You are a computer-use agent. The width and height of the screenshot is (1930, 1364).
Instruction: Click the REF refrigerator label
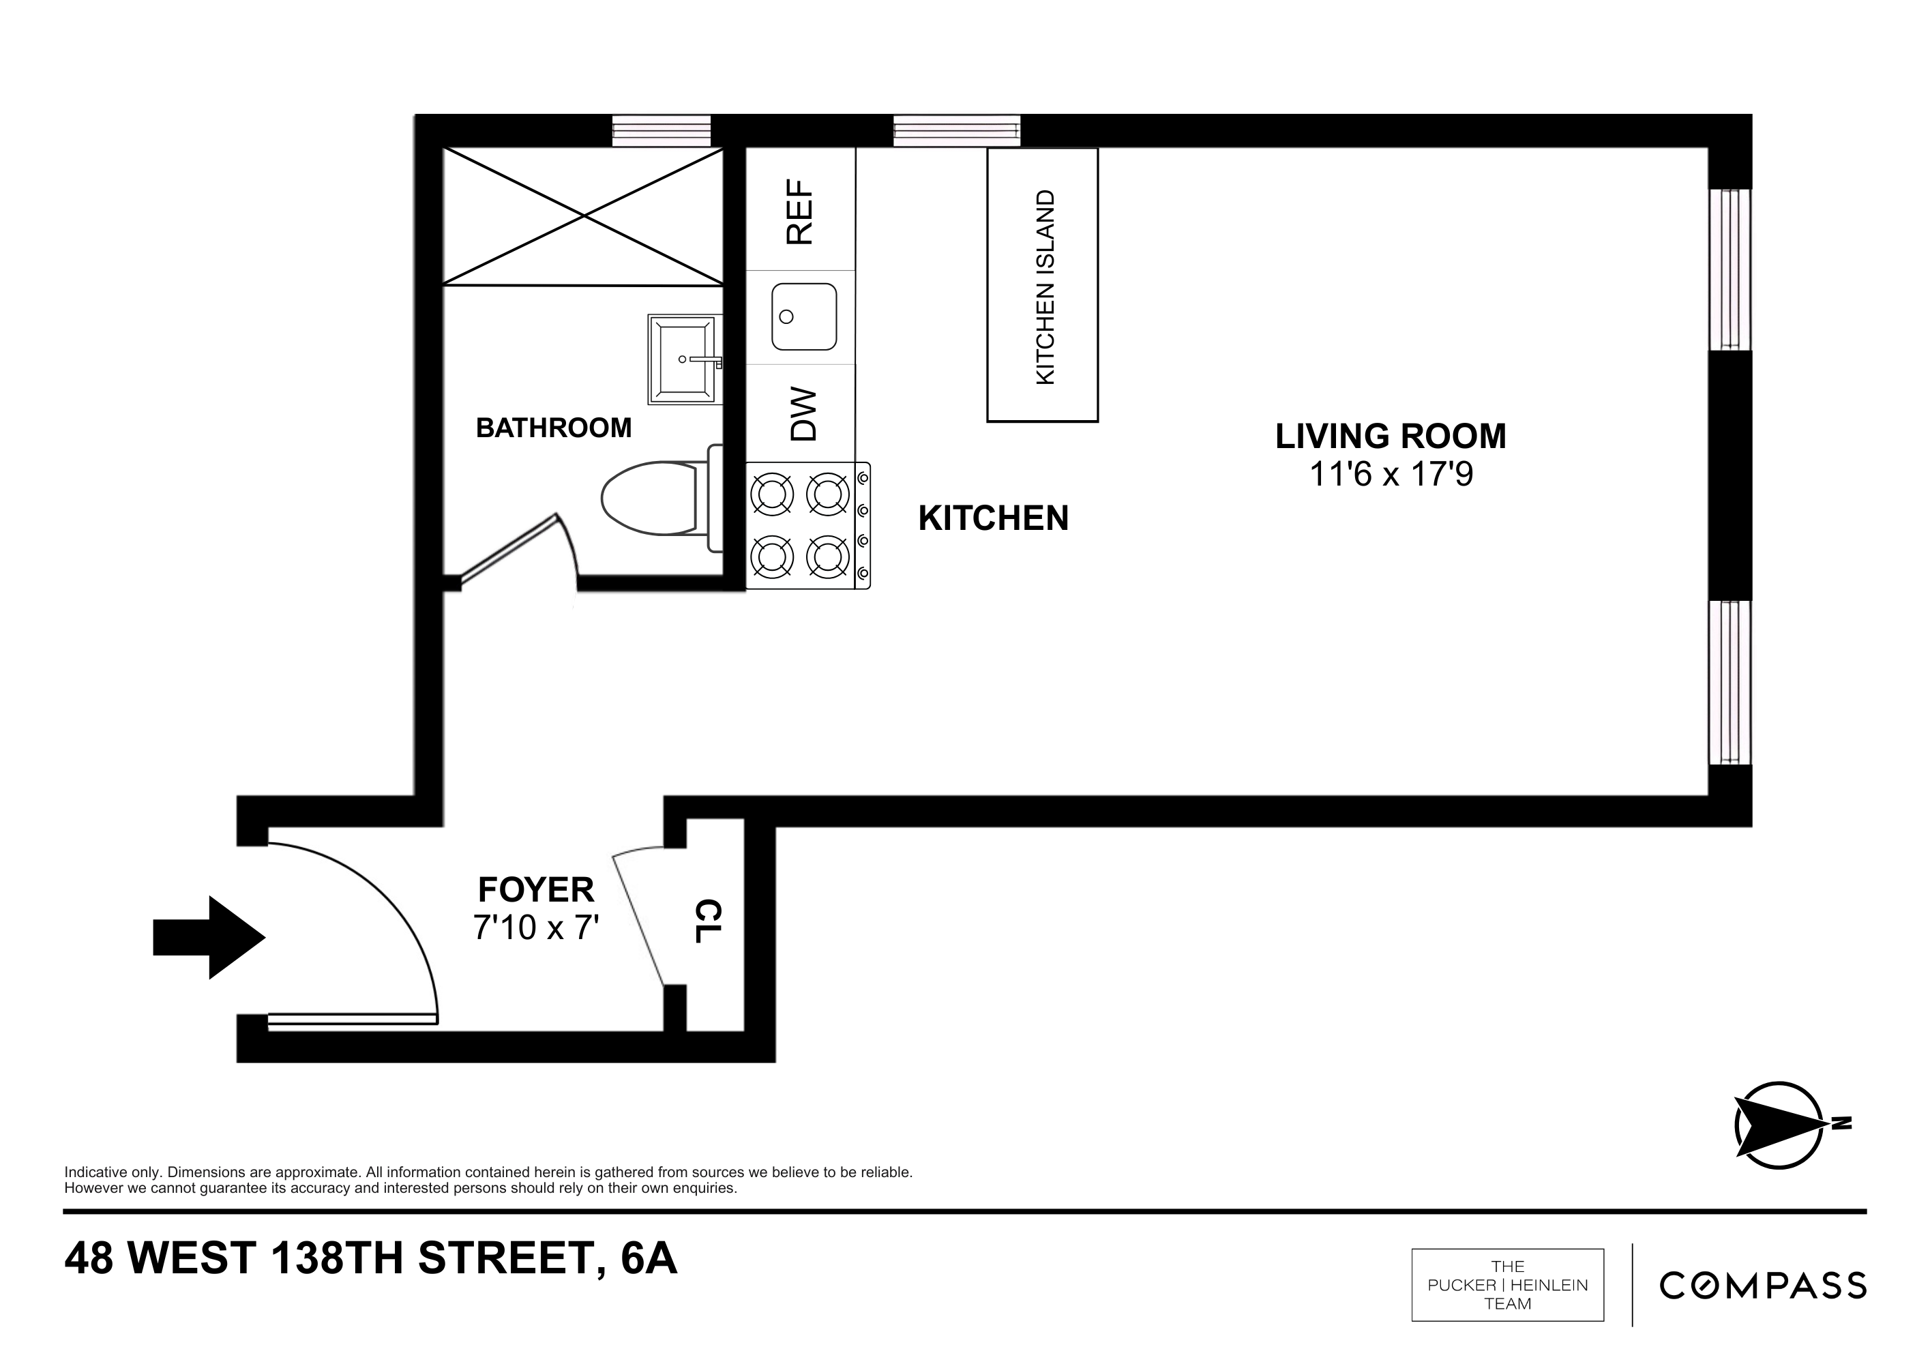tap(799, 212)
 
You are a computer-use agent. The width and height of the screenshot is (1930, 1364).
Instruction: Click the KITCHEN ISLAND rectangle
tap(1041, 285)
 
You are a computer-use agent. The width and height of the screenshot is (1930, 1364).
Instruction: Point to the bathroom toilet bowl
tap(648, 499)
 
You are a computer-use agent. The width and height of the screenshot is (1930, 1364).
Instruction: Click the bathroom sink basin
tap(683, 359)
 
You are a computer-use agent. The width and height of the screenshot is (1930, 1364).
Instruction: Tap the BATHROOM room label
tap(553, 428)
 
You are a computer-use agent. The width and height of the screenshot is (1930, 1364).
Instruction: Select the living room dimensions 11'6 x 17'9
tap(1391, 475)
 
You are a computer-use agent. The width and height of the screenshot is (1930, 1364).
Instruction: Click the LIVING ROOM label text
tap(1391, 436)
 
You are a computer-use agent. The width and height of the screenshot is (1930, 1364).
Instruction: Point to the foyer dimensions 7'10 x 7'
tap(535, 927)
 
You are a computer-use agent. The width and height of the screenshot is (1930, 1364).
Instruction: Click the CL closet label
tap(709, 922)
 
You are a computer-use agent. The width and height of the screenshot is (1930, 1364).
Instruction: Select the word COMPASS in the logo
tap(1763, 1286)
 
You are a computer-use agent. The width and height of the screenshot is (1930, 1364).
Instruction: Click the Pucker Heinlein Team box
tap(1507, 1286)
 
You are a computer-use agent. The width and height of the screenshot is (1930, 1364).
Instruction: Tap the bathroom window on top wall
tap(661, 131)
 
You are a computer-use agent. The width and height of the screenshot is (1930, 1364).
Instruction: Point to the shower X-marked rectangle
tap(582, 216)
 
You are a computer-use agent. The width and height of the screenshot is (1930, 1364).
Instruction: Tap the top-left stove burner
tap(772, 494)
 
